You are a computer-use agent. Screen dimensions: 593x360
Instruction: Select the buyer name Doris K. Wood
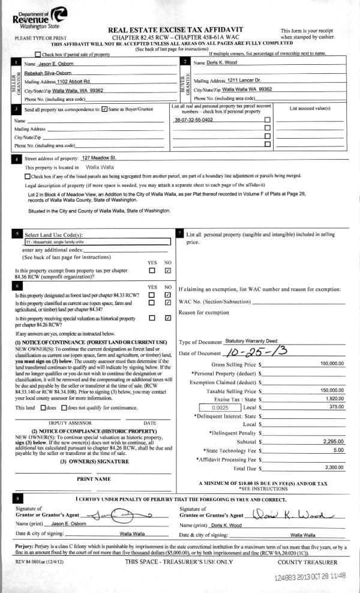pyautogui.click(x=223, y=62)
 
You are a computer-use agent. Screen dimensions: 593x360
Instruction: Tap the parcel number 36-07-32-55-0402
pyautogui.click(x=193, y=121)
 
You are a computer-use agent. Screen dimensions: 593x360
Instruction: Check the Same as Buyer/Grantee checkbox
pyautogui.click(x=105, y=109)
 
